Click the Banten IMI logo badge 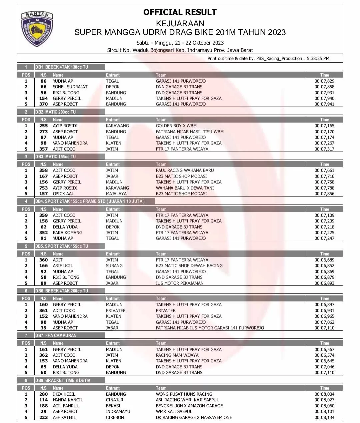[x=37, y=29]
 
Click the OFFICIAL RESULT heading [x=180, y=12]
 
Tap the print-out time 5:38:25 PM [x=318, y=58]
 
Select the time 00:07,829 [x=324, y=81]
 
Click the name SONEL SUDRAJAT [x=70, y=87]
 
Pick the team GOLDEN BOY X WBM [x=176, y=126]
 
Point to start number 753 [x=43, y=188]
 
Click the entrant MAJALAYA [x=116, y=194]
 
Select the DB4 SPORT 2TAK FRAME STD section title [x=90, y=201]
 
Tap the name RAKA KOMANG [x=67, y=232]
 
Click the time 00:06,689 [x=324, y=260]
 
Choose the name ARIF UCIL [x=63, y=265]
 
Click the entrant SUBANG [x=114, y=265]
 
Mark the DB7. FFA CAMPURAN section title [x=56, y=335]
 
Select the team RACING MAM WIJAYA [x=177, y=355]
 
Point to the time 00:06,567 [x=324, y=349]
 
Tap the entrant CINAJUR [x=114, y=400]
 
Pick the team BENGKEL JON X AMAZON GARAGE [x=189, y=406]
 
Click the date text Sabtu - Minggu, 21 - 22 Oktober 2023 [x=180, y=43]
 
